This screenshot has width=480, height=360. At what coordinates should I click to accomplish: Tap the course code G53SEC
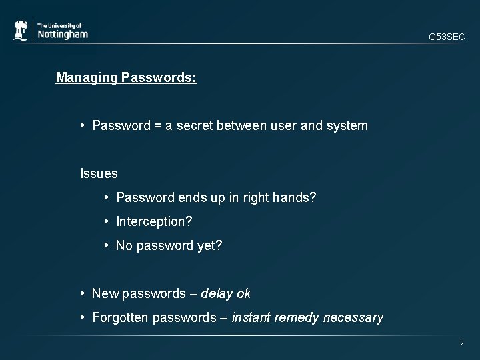447,38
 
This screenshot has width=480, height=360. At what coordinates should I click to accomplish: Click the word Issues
99,174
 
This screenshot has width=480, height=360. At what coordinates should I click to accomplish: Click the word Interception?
154,221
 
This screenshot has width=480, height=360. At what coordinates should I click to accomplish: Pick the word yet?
209,246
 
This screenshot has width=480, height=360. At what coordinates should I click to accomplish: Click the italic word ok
243,293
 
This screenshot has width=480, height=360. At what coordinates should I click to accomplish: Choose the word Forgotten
121,317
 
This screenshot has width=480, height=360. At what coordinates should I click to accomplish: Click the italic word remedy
297,317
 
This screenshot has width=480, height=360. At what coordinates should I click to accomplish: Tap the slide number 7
461,343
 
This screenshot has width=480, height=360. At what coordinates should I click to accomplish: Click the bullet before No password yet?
107,246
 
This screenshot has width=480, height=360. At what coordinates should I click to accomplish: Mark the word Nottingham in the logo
63,35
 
